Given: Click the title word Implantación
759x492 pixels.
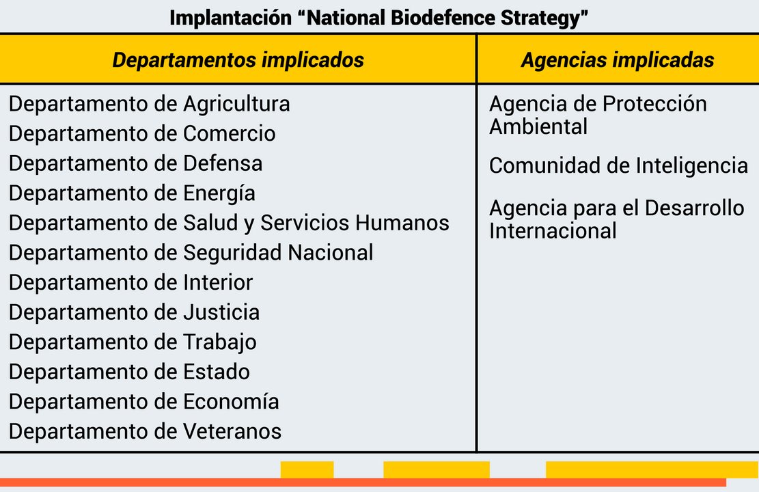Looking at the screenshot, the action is [x=230, y=18].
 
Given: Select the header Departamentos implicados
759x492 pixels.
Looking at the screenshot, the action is [x=238, y=60].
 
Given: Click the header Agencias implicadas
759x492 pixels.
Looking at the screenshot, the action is [x=617, y=60].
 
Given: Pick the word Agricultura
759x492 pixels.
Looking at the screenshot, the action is [x=236, y=104].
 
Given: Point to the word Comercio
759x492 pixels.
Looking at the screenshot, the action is [x=229, y=133].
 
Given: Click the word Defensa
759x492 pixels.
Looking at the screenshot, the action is [x=223, y=163].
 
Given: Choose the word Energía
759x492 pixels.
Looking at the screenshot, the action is [x=219, y=193].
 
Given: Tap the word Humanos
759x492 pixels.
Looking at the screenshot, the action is [x=402, y=223].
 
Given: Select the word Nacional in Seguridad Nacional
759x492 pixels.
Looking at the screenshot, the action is [x=331, y=252].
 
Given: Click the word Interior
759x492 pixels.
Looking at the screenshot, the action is [x=218, y=282].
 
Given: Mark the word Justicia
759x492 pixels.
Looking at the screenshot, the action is [x=221, y=312].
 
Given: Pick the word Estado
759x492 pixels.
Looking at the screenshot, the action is [x=217, y=372].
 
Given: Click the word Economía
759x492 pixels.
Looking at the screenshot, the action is [x=231, y=402].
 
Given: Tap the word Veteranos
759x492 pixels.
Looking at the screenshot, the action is [x=232, y=431].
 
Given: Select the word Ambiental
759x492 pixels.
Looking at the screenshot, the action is [x=538, y=127].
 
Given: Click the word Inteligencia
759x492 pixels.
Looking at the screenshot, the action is [x=692, y=166].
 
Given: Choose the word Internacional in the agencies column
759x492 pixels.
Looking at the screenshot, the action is [x=553, y=231].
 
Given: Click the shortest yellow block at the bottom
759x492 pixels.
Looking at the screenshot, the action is [x=307, y=469].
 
